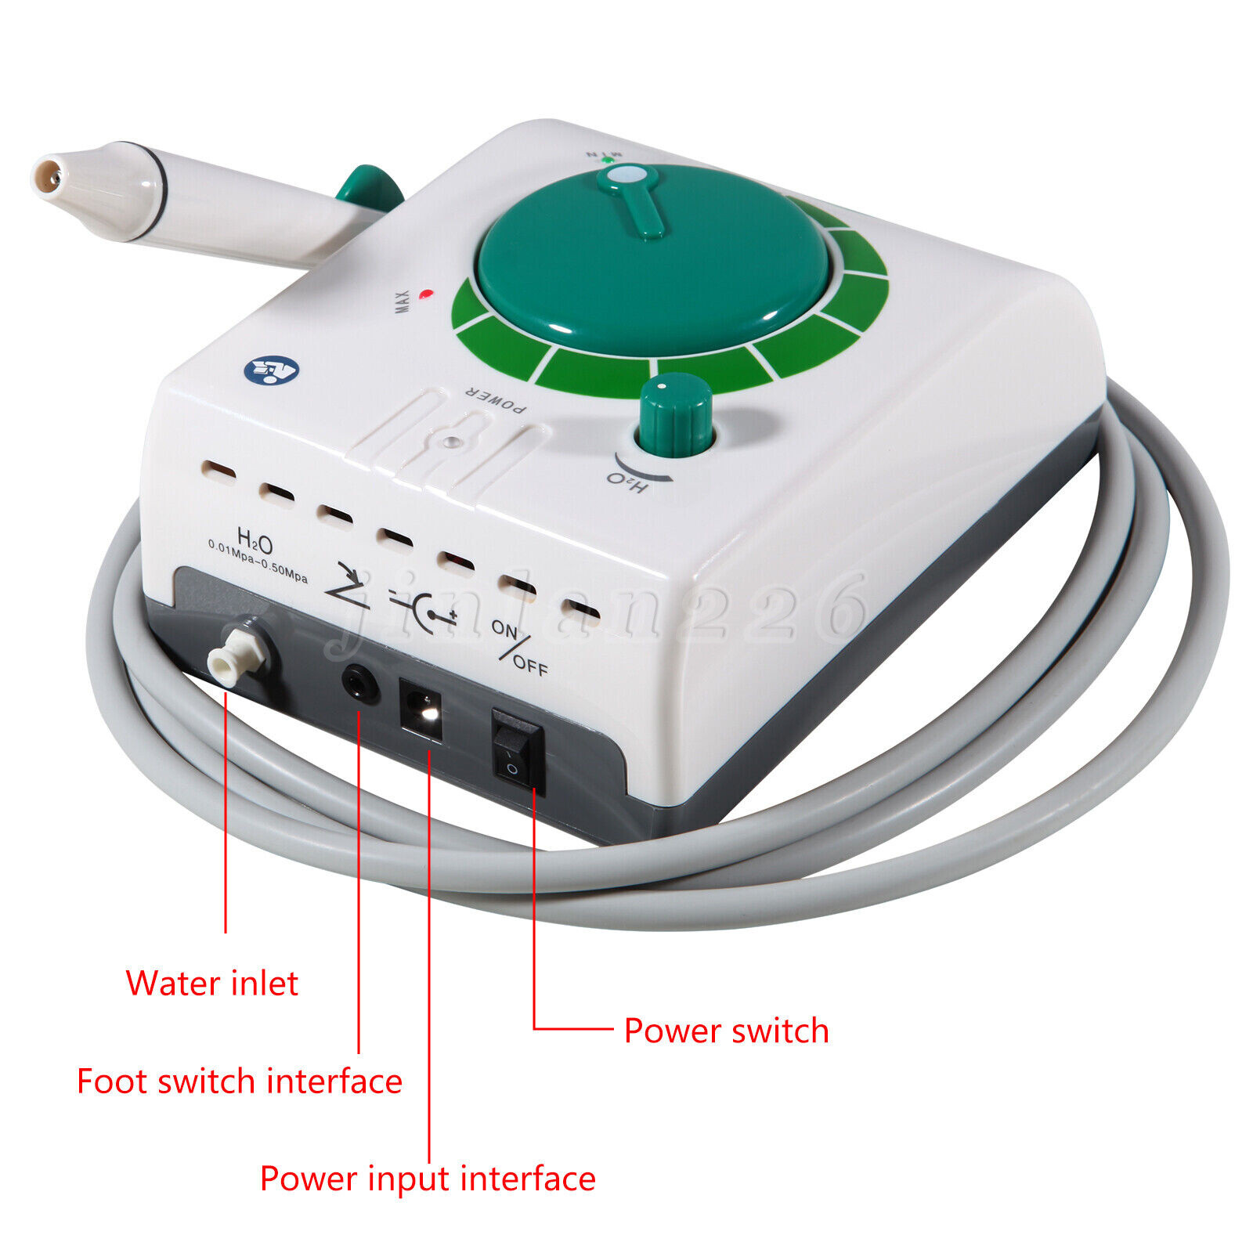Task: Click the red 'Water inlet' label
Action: click(x=211, y=984)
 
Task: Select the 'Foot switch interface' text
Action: click(x=239, y=1081)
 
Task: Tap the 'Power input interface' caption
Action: click(x=428, y=1179)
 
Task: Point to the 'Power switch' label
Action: click(x=726, y=1031)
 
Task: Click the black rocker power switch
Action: click(x=517, y=751)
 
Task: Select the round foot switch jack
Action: click(x=360, y=684)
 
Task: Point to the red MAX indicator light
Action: click(x=426, y=295)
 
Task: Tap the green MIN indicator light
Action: click(x=608, y=160)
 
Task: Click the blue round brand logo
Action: click(x=271, y=369)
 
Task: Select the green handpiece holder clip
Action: click(x=370, y=190)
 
